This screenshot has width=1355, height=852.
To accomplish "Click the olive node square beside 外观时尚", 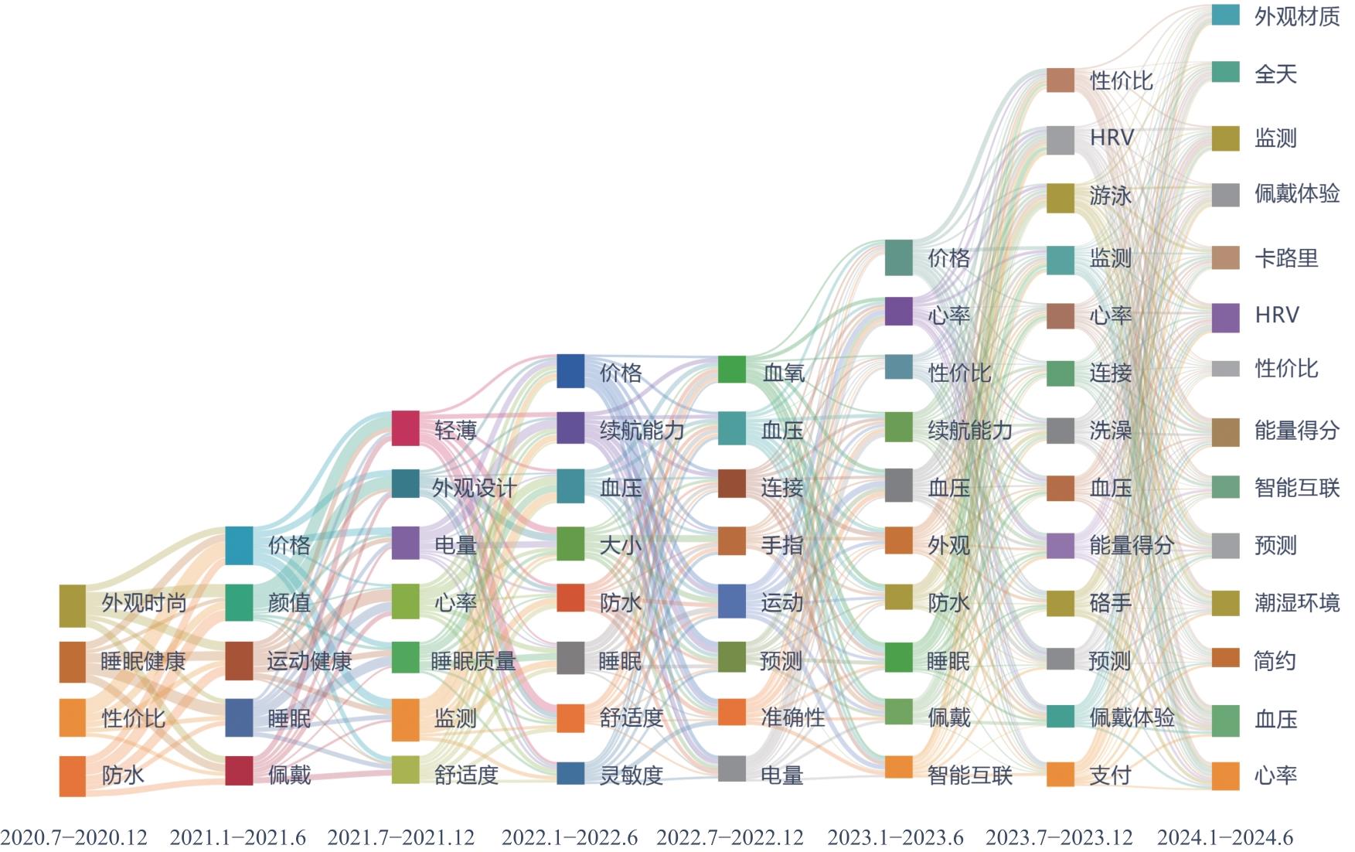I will click(x=73, y=605).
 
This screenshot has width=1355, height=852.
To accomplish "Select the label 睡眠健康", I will click(x=143, y=662).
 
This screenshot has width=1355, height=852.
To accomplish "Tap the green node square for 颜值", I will click(x=239, y=603).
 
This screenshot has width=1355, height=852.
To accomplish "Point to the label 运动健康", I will click(x=309, y=661).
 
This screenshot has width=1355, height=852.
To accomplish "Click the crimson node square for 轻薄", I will click(x=406, y=428).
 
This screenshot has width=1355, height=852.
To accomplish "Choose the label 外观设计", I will click(x=473, y=488).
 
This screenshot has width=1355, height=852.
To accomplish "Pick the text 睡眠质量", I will click(x=473, y=661).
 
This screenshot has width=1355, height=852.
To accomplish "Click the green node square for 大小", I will click(x=570, y=544).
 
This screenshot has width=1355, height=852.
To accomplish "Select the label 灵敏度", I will click(x=632, y=775).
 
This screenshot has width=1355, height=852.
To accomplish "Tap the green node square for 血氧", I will click(x=732, y=370).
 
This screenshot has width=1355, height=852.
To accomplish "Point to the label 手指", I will click(x=781, y=546).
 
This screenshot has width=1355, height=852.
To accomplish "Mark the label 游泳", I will click(x=1111, y=196).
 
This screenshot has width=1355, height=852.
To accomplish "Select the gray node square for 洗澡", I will click(x=1061, y=431).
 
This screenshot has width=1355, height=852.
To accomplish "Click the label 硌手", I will click(x=1111, y=603).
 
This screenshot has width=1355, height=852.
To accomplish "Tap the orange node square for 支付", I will click(x=1061, y=774).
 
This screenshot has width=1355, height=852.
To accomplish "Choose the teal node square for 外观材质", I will click(x=1225, y=15).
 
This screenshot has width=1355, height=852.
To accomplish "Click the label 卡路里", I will click(x=1286, y=258).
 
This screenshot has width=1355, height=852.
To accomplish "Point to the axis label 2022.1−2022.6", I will click(x=570, y=837).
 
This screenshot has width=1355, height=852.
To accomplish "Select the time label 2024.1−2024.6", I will click(x=1224, y=837).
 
